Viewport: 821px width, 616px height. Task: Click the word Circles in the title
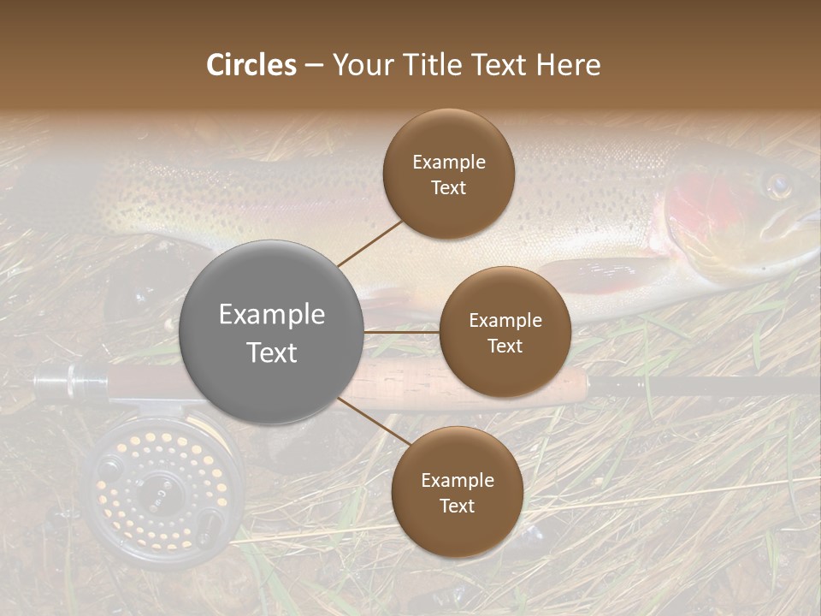click(x=251, y=65)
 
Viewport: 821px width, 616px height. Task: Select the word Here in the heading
click(x=568, y=65)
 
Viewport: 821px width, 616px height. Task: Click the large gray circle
click(x=271, y=385)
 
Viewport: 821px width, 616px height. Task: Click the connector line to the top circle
click(x=369, y=243)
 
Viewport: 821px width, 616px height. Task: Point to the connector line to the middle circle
click(x=402, y=332)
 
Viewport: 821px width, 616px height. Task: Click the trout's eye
click(x=777, y=186)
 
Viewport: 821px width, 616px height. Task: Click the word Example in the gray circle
click(x=271, y=315)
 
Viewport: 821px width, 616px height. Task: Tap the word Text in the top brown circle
click(x=448, y=188)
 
